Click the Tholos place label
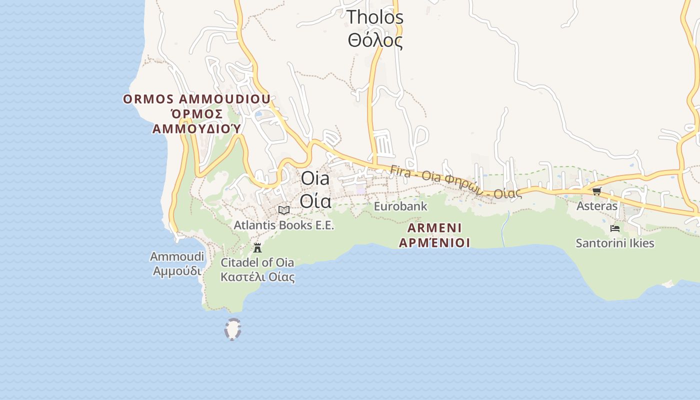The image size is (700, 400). click(375, 17)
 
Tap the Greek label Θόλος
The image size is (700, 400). click(375, 40)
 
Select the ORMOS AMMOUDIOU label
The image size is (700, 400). click(196, 98)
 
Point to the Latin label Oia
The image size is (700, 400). click(315, 178)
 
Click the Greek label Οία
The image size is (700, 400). click(315, 200)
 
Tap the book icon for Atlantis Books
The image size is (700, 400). click(284, 210)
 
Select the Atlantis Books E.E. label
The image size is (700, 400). click(283, 225)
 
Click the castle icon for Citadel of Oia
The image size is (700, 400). click(257, 247)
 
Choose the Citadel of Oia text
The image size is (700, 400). click(257, 262)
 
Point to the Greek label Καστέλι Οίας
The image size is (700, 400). click(257, 277)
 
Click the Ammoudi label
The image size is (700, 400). click(177, 256)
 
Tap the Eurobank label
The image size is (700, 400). click(400, 206)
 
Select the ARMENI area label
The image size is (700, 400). click(434, 228)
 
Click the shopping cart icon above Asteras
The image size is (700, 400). click(596, 191)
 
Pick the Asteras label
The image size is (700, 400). click(597, 206)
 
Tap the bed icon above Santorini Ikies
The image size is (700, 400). click(615, 228)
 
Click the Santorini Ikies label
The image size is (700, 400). click(615, 243)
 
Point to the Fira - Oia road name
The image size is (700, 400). click(455, 181)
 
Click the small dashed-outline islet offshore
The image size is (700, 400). click(232, 329)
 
